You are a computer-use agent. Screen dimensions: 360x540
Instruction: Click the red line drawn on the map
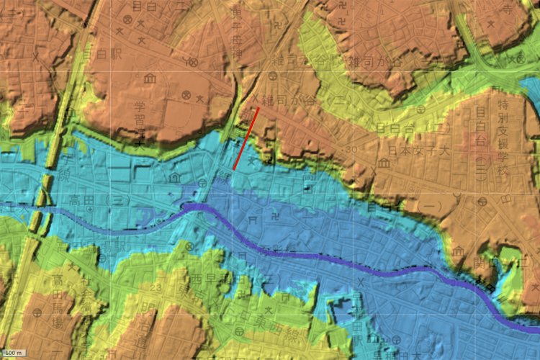246,138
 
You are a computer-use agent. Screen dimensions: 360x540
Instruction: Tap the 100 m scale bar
14,353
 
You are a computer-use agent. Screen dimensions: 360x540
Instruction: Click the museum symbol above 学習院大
150,78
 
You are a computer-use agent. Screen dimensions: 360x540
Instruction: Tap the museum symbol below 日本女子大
384,163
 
